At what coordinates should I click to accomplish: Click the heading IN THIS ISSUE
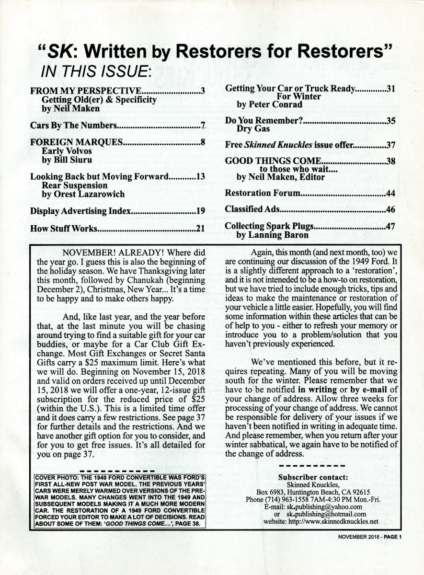[x=96, y=71]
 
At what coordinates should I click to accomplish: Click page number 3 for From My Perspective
[x=203, y=91]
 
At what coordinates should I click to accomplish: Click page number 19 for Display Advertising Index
[x=201, y=210]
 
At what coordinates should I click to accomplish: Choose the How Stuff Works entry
[x=63, y=229]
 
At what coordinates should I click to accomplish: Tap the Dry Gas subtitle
[x=253, y=128]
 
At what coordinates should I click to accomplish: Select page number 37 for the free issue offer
[x=390, y=144]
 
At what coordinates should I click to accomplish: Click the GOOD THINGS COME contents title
[x=271, y=161]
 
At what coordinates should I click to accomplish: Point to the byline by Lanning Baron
[x=272, y=235]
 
